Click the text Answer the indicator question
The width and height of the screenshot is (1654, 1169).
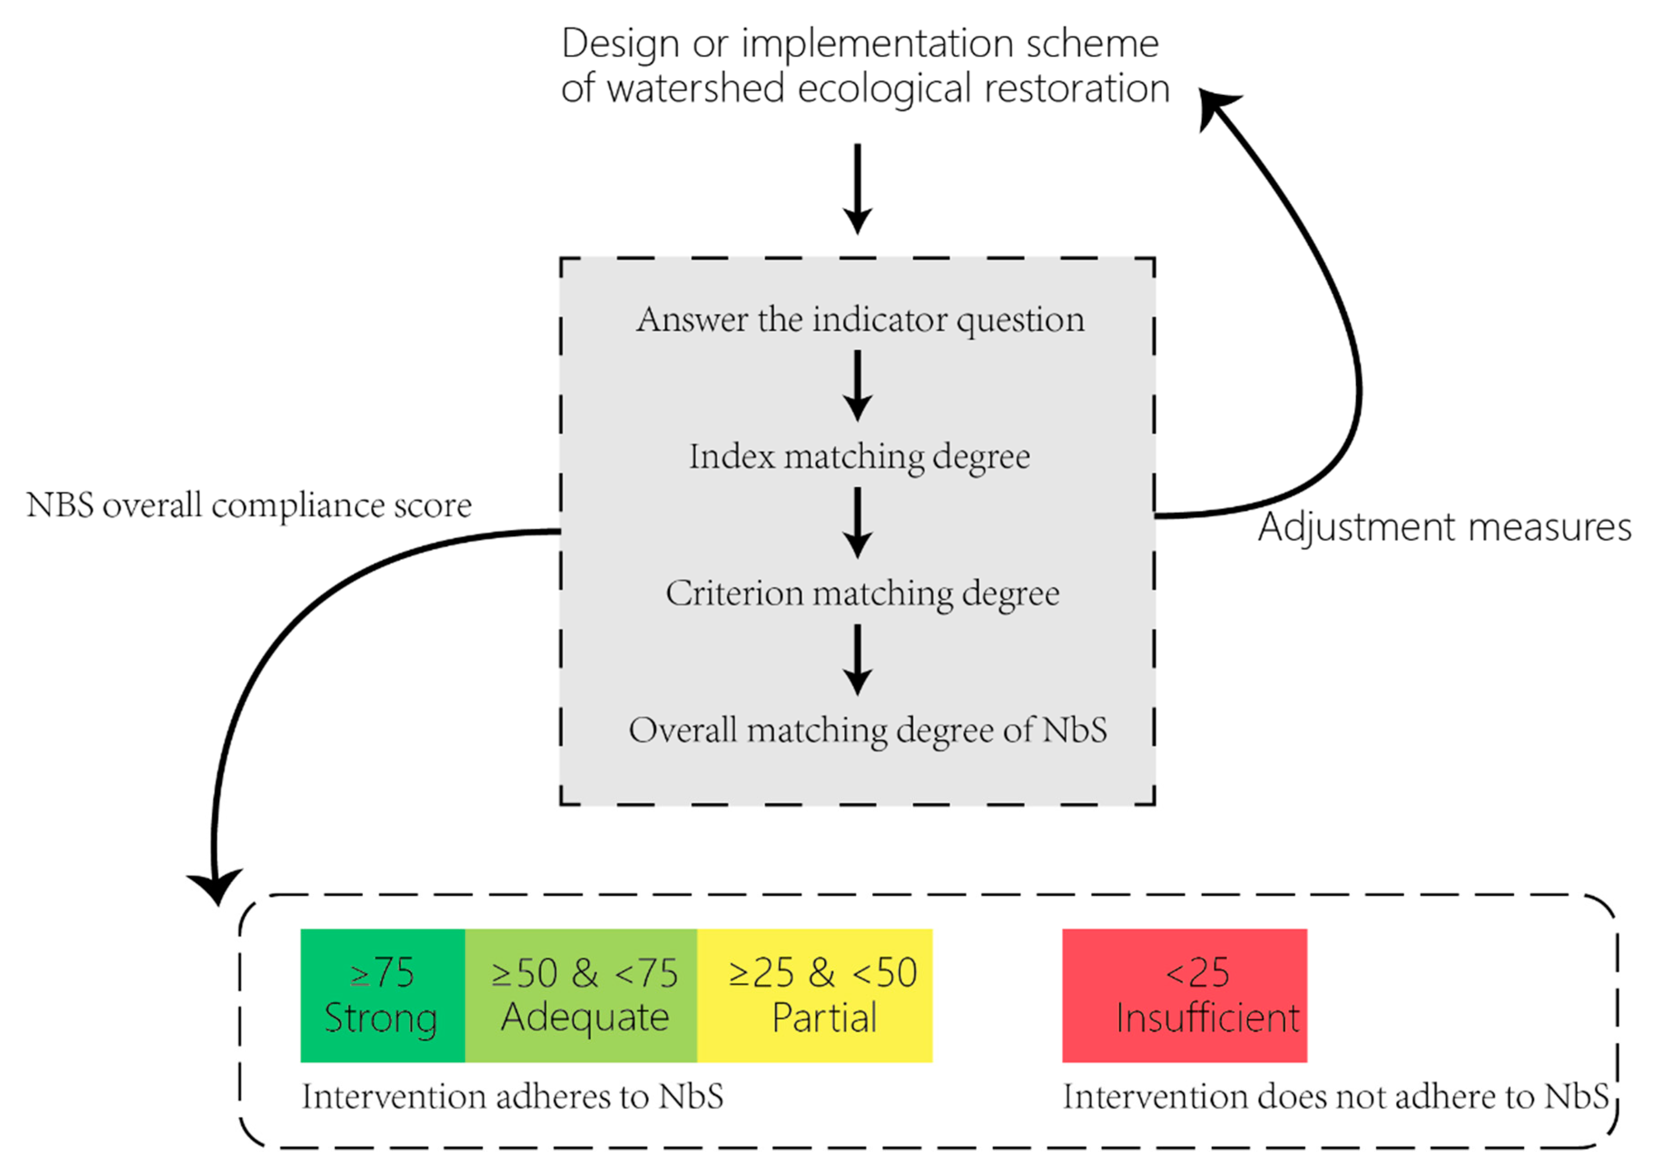pyautogui.click(x=860, y=319)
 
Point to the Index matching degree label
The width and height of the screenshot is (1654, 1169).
pyautogui.click(x=859, y=456)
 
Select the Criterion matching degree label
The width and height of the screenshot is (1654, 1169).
pyautogui.click(x=862, y=593)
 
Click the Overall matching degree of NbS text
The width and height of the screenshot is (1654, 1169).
pyautogui.click(x=867, y=730)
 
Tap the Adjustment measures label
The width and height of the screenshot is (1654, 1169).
pyautogui.click(x=1444, y=527)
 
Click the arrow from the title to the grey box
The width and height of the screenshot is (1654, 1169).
pyautogui.click(x=857, y=187)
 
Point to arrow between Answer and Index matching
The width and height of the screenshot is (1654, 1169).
pyautogui.click(x=857, y=385)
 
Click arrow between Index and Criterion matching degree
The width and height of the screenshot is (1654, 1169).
pyautogui.click(x=857, y=523)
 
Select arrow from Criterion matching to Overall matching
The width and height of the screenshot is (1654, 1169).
pyautogui.click(x=857, y=660)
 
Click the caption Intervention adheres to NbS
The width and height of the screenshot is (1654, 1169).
pyautogui.click(x=512, y=1097)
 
